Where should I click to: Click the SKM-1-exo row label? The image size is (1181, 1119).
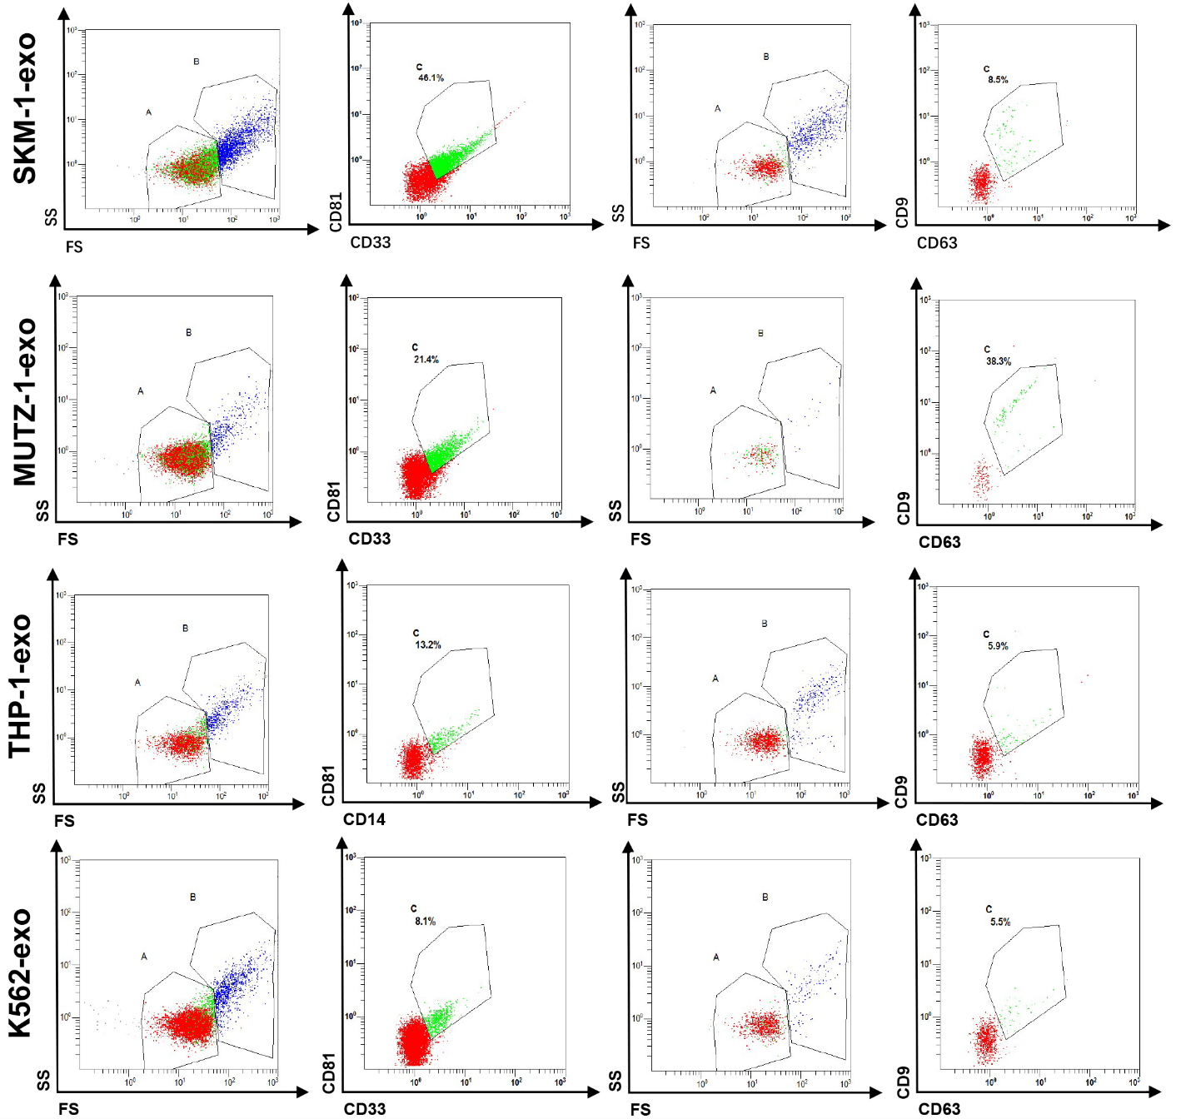point(25,108)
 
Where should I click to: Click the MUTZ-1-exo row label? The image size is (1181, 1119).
point(25,401)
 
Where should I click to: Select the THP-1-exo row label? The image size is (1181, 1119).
point(20,686)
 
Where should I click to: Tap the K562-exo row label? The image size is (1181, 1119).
point(20,972)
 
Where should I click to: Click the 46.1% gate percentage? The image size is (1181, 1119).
point(431,78)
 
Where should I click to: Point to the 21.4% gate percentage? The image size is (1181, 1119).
point(426,360)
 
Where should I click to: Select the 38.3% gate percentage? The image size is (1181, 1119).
point(999,361)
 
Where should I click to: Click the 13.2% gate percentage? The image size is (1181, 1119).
point(428,645)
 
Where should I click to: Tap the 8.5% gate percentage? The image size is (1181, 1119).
point(998,80)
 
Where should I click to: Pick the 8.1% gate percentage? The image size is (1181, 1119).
point(425,922)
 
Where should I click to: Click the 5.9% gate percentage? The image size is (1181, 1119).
point(998,646)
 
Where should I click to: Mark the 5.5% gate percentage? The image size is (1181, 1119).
point(999,923)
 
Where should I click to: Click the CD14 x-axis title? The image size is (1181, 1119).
point(364,819)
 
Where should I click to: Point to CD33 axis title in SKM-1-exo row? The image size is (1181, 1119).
point(370,242)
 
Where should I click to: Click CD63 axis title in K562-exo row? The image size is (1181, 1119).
point(939,1109)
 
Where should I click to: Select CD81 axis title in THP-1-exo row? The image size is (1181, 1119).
point(328,785)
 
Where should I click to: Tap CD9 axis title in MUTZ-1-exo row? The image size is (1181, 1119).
point(904,509)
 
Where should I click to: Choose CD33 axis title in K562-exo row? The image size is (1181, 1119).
point(365,1109)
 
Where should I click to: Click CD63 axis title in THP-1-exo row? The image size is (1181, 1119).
point(937,820)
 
